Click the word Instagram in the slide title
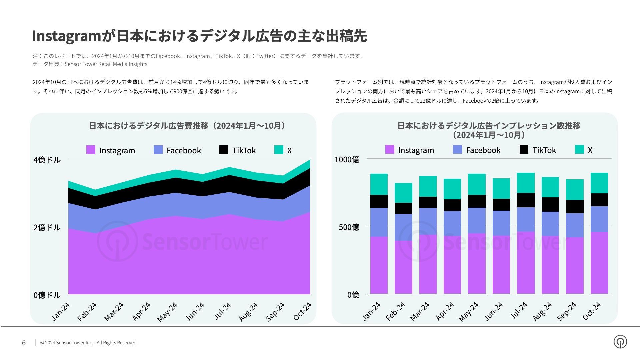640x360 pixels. coord(66,36)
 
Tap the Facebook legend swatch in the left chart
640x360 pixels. coord(158,150)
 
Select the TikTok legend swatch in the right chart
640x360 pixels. coord(524,150)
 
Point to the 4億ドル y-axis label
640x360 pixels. coord(47,160)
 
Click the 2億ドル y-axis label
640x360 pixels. coord(47,228)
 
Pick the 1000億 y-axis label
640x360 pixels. coord(347,160)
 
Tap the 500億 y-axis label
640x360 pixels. coord(349,227)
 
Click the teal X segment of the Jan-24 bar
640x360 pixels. coord(379,184)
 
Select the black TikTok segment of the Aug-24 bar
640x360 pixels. coord(550,204)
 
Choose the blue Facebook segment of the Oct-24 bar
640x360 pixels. coord(599,219)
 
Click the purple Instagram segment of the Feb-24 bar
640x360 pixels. coord(403,267)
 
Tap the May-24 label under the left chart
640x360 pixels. coord(167,312)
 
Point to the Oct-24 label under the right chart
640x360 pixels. coord(592,311)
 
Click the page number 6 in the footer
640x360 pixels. coord(24,343)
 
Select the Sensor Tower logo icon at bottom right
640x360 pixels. coord(620,342)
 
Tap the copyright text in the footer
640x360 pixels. coord(88,343)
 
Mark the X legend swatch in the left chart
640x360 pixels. coord(279,150)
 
